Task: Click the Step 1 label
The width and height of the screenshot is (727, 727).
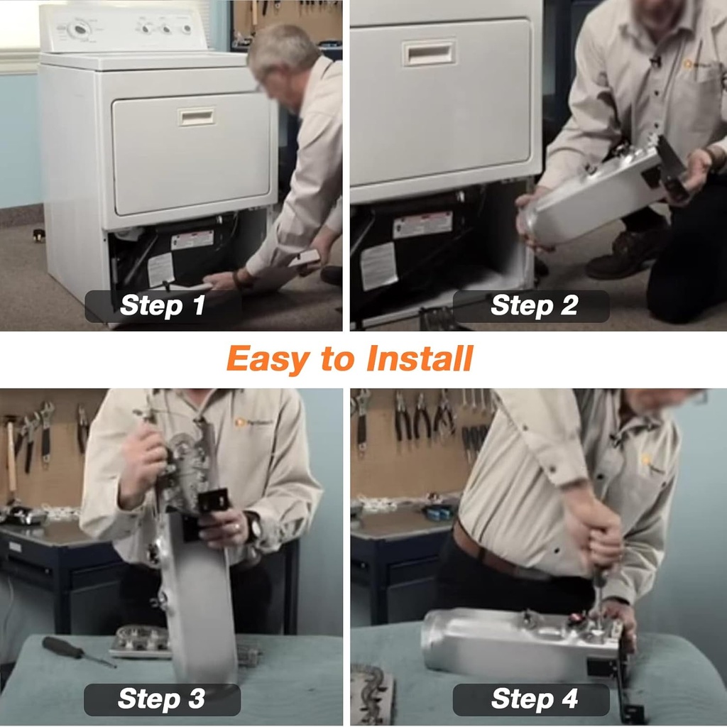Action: tap(163, 306)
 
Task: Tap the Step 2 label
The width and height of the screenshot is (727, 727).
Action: tap(534, 306)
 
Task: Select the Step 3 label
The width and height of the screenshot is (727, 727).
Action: tap(162, 699)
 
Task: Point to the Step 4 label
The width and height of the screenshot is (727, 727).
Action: tap(534, 699)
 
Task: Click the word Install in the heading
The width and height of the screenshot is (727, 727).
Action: tap(420, 359)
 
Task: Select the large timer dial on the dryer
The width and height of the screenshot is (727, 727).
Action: tap(79, 29)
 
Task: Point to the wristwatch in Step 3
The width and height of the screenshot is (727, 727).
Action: tap(253, 526)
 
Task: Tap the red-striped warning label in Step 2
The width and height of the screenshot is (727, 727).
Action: tap(423, 225)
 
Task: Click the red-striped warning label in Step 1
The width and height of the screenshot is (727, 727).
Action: tap(192, 240)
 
